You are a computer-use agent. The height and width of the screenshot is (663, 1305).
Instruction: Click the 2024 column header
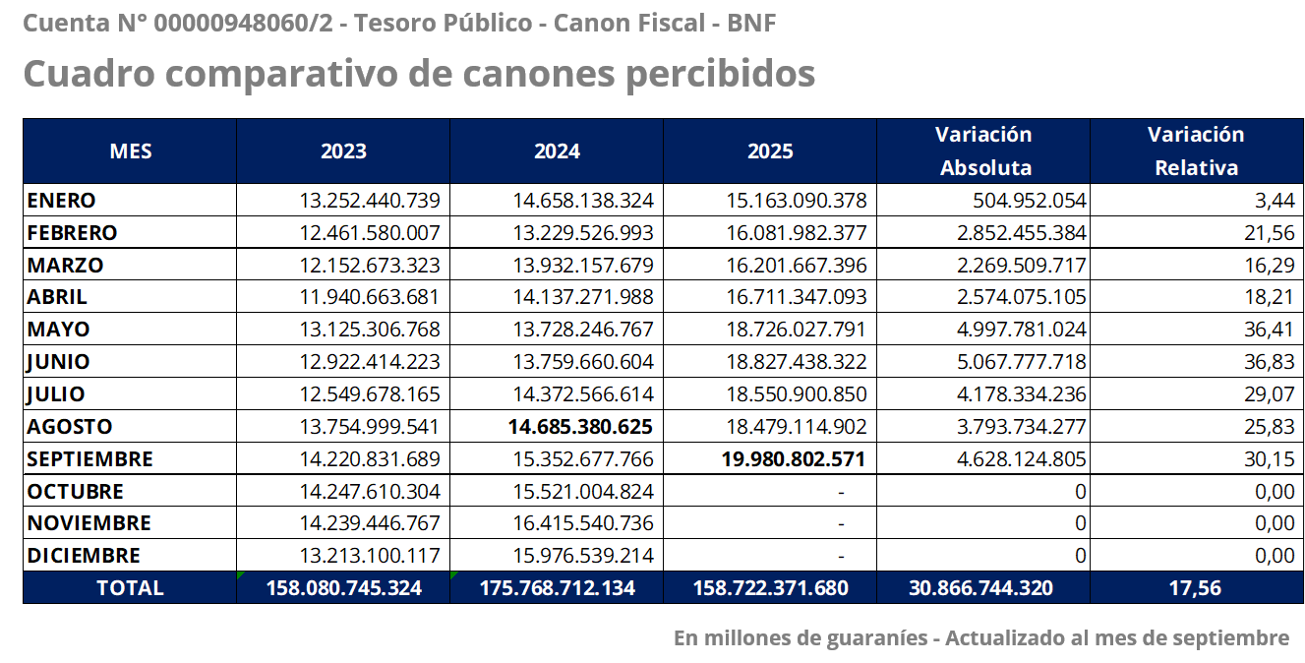pyautogui.click(x=557, y=151)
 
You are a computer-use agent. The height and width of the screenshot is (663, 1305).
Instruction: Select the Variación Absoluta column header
pyautogui.click(x=983, y=151)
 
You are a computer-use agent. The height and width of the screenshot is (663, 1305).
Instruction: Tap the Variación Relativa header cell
pyautogui.click(x=1196, y=151)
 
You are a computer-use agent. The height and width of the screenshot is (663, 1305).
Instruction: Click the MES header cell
pyautogui.click(x=131, y=151)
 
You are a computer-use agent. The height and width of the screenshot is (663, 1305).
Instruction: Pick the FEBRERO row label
pyautogui.click(x=72, y=233)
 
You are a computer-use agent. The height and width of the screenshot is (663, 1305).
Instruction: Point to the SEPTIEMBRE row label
pyautogui.click(x=89, y=459)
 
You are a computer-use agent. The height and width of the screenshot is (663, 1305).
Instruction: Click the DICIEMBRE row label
pyautogui.click(x=84, y=556)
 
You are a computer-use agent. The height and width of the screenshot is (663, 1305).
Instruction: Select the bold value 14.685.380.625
pyautogui.click(x=580, y=427)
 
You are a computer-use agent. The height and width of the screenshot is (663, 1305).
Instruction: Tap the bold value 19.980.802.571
pyautogui.click(x=794, y=459)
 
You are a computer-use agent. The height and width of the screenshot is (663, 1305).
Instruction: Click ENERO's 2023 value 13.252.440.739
pyautogui.click(x=370, y=201)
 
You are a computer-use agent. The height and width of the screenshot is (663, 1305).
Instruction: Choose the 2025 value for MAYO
pyautogui.click(x=797, y=330)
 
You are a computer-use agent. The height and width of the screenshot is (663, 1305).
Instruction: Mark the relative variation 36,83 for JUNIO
pyautogui.click(x=1269, y=362)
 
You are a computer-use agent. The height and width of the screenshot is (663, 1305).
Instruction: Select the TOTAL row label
pyautogui.click(x=130, y=588)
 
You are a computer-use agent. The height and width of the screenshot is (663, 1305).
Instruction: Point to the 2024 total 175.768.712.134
pyautogui.click(x=558, y=588)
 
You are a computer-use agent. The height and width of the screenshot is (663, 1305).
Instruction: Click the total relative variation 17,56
pyautogui.click(x=1196, y=588)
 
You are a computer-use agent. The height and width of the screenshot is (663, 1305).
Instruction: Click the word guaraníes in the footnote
pyautogui.click(x=878, y=638)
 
